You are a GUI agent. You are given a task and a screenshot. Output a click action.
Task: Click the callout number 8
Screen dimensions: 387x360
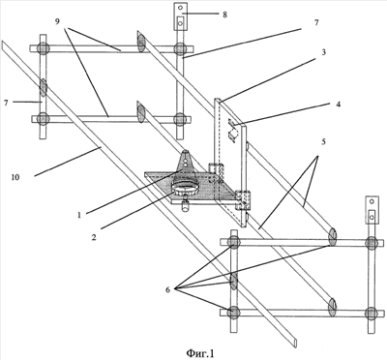(x=224, y=15)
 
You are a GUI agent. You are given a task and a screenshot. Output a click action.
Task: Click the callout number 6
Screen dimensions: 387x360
(x=168, y=289)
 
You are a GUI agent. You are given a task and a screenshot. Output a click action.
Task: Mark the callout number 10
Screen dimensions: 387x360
(x=15, y=177)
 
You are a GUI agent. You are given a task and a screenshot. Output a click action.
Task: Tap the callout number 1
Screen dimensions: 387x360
(x=79, y=215)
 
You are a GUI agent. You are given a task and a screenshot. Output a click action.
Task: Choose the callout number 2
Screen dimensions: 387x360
(x=94, y=238)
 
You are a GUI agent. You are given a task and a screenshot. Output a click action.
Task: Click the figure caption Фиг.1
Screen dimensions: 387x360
(x=200, y=353)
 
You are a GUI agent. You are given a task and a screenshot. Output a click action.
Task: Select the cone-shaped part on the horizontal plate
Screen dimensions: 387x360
(x=186, y=167)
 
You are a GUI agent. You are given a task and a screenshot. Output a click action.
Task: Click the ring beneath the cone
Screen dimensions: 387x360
(x=185, y=188)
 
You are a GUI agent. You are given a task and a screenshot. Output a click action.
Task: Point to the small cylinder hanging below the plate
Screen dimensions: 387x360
(x=185, y=206)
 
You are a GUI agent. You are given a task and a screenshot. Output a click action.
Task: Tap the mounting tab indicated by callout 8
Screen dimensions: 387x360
(x=180, y=16)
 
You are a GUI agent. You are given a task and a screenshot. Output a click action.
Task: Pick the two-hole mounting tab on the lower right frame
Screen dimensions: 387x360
(x=372, y=210)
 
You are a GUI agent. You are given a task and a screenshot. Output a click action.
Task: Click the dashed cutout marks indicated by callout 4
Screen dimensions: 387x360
(x=232, y=130)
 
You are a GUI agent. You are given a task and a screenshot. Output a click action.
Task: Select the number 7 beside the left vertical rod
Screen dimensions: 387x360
(x=6, y=103)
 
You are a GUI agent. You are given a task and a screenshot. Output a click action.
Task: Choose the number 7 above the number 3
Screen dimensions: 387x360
(x=316, y=22)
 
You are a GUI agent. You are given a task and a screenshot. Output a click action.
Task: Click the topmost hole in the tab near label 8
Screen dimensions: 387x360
(x=181, y=8)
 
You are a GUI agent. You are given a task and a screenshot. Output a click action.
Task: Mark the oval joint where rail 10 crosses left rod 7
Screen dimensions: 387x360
(x=43, y=87)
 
